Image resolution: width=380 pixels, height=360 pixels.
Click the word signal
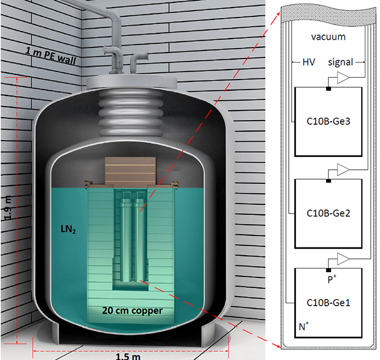[x=340, y=61]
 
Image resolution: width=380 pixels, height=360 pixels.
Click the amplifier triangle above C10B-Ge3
[x=346, y=79]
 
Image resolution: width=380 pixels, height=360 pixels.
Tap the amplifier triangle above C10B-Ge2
[x=346, y=170]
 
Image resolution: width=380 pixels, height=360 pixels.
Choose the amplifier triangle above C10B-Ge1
[x=346, y=259]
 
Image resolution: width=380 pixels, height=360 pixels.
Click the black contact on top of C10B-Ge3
[x=328, y=88]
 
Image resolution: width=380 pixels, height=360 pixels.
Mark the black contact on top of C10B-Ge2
[x=328, y=180]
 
